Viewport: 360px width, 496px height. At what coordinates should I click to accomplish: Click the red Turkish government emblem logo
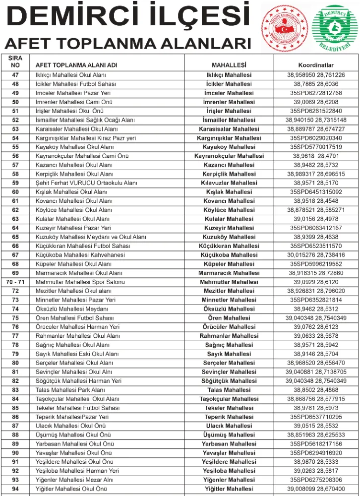[284, 27]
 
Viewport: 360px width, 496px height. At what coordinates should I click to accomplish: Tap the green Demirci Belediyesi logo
[333, 28]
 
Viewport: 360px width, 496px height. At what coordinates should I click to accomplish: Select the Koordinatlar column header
[316, 65]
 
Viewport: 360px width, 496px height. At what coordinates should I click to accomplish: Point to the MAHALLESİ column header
[229, 65]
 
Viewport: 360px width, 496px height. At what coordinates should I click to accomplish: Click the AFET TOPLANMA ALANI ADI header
[76, 65]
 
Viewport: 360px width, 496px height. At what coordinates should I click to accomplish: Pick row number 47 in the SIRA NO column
[15, 75]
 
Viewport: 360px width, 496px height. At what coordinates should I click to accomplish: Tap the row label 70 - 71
[15, 282]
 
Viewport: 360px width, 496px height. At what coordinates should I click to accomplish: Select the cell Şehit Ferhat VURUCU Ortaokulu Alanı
[86, 183]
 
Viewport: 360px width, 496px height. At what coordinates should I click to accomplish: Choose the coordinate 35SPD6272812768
[316, 93]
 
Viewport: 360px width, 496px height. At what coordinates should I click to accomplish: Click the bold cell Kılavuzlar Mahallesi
[229, 183]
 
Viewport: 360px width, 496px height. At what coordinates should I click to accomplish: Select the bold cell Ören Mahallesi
[229, 318]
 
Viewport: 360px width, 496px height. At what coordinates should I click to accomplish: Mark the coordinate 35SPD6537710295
[316, 417]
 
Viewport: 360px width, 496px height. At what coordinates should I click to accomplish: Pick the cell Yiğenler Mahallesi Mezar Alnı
[74, 480]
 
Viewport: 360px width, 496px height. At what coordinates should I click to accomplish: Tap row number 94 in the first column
[15, 489]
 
